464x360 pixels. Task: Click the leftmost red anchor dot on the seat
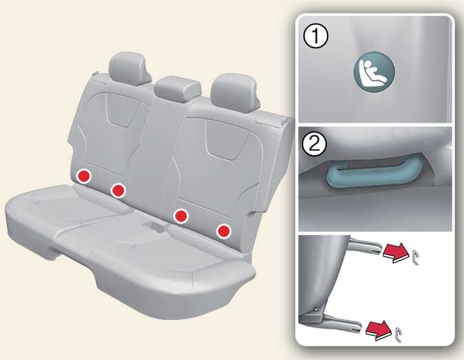(83, 177)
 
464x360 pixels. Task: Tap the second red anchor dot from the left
(119, 190)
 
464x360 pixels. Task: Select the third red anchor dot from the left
(181, 216)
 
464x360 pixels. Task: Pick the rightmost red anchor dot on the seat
(223, 231)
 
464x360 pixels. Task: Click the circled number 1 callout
(316, 37)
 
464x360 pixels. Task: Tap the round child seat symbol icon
(374, 72)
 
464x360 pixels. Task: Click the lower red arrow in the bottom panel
(379, 330)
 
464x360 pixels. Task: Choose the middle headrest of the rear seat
(178, 89)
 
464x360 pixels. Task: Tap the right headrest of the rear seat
(235, 93)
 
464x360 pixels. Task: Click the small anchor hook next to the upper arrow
(414, 258)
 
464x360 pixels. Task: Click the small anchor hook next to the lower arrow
(398, 334)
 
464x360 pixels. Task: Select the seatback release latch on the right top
(271, 120)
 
